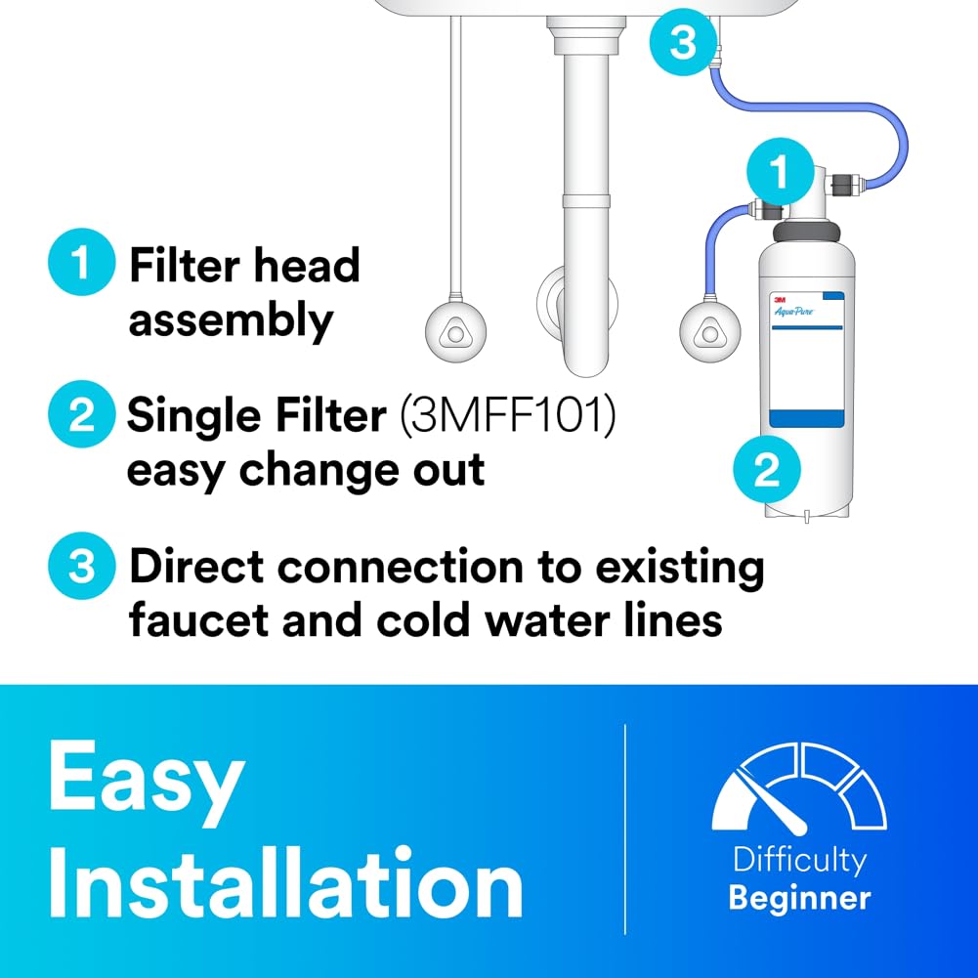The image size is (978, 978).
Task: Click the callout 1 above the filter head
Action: [778, 173]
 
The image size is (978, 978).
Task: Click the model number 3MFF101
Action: [505, 417]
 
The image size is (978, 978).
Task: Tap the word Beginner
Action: [799, 897]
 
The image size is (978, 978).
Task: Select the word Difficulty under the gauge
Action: [799, 861]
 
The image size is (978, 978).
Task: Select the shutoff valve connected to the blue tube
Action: [702, 326]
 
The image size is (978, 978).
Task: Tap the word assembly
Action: [231, 320]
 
